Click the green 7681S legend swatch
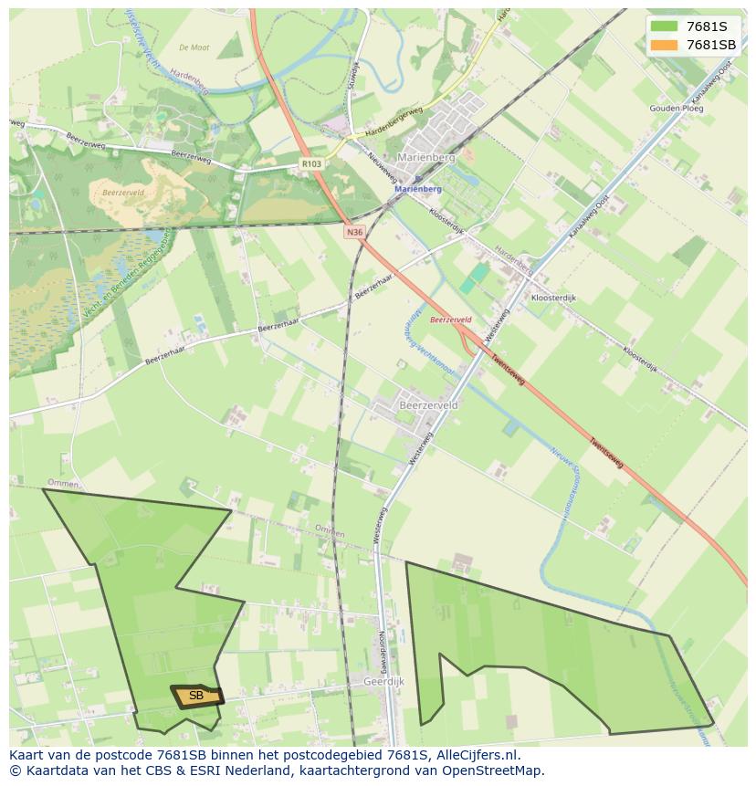(664, 26)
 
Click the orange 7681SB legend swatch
(664, 45)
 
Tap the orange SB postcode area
(196, 697)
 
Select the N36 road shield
(355, 232)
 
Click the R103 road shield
(311, 164)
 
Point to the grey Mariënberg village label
(425, 157)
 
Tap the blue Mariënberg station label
(418, 189)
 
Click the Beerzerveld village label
(428, 403)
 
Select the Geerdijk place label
(383, 681)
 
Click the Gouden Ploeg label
(677, 109)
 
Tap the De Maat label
(194, 47)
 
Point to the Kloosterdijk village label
(553, 298)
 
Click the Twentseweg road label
(606, 452)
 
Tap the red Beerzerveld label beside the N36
(450, 320)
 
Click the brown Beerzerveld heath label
(122, 193)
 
